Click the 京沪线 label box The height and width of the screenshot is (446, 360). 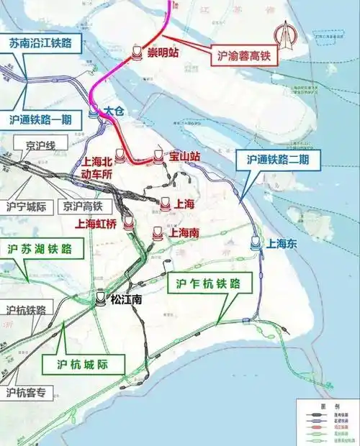[x=40, y=146]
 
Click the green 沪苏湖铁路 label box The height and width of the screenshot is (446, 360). [x=40, y=250]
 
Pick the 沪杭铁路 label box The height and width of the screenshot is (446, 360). [x=26, y=311]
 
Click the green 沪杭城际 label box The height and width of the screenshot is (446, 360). [x=83, y=365]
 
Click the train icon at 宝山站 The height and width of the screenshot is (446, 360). [x=158, y=155]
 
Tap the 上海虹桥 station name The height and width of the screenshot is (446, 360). [x=96, y=224]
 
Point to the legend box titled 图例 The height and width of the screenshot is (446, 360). [x=327, y=420]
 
